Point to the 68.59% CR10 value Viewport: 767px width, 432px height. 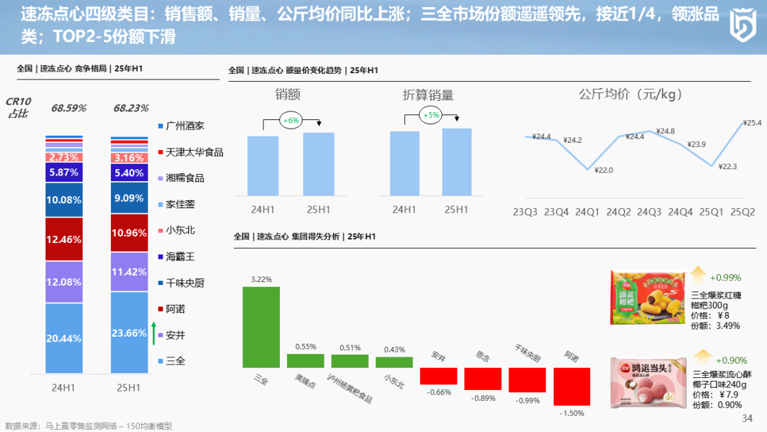(68, 108)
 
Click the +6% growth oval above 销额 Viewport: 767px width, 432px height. (290, 121)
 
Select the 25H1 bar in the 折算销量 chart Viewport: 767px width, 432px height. (456, 161)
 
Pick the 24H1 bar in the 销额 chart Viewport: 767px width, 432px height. (263, 165)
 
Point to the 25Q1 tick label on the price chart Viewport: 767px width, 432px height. (711, 211)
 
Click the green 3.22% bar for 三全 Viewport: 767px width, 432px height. (261, 327)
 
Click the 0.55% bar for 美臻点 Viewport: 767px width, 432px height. (305, 360)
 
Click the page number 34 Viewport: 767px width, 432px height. (746, 418)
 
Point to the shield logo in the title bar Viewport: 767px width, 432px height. (743, 26)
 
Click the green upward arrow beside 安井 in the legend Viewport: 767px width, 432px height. (154, 333)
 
